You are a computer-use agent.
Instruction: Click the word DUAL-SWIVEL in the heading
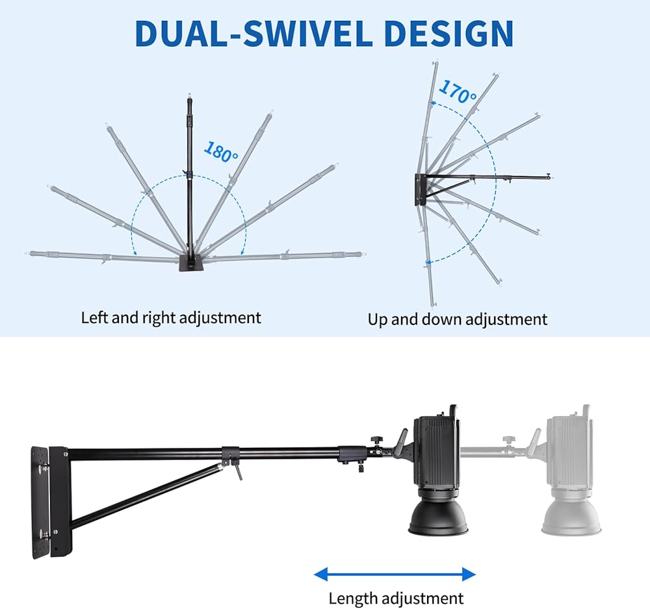pos(253,33)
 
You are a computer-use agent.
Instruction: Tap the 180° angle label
pos(222,152)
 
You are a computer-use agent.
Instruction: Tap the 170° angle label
pos(458,92)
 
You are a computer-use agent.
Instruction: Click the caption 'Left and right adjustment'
pos(171,318)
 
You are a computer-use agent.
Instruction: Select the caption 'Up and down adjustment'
pos(458,319)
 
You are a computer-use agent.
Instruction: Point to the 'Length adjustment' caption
pos(396,598)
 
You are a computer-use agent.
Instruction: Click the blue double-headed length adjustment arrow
pos(395,575)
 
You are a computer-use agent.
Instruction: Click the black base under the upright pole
pos(192,264)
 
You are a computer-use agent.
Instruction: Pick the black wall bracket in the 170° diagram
pos(420,190)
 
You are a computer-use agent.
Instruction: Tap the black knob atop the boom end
pos(376,439)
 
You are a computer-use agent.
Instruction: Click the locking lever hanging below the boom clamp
pos(238,472)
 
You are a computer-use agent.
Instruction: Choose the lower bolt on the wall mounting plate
pos(44,534)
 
